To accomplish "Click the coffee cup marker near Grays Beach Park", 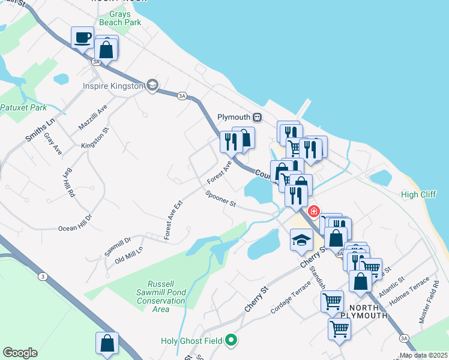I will pos(82,38).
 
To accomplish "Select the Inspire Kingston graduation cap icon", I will pos(152,86).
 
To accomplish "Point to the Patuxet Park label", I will pos(23,108).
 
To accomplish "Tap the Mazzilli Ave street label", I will pos(92,118).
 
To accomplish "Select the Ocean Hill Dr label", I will pos(75,223).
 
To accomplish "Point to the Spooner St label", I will pos(220,199).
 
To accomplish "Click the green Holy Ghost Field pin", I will pos(232,341).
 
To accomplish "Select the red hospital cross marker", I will pos(313,212).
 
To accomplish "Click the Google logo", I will pos(20,353).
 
